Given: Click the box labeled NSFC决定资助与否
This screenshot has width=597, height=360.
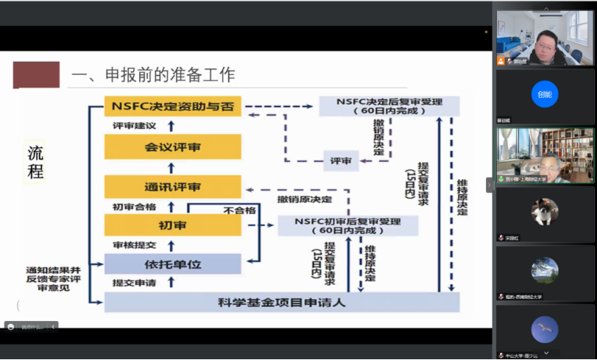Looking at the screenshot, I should coord(172,107).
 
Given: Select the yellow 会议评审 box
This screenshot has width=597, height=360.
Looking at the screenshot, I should coord(172,147).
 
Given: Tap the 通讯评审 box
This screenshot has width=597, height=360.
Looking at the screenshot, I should coord(172,187).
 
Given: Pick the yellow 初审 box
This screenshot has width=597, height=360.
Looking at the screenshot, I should coord(172,225).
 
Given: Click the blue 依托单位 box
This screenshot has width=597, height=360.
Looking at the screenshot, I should coord(172,264).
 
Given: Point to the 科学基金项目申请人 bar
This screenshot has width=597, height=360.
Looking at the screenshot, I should coord(281,302).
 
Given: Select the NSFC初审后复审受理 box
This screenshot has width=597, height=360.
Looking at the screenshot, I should coord(347,225).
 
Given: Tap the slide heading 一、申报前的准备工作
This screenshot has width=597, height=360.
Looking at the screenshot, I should coord(152,74).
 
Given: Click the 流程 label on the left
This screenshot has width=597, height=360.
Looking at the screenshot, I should coord(35,162).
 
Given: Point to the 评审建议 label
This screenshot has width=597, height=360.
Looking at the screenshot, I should coord(135,127).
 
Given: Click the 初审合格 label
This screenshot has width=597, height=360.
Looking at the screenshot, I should coord(135,207).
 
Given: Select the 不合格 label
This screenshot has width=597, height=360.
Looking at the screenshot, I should coord(239,210).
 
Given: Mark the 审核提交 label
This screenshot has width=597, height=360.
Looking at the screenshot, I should coord(135,244).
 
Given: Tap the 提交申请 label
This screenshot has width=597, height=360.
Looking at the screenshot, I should coord(135,283).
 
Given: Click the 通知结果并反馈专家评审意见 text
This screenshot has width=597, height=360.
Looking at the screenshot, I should coord(53,278).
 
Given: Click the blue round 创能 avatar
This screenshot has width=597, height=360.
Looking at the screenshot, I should coord(544,94).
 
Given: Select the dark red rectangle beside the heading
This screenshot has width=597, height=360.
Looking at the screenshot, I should coord(35,75).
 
